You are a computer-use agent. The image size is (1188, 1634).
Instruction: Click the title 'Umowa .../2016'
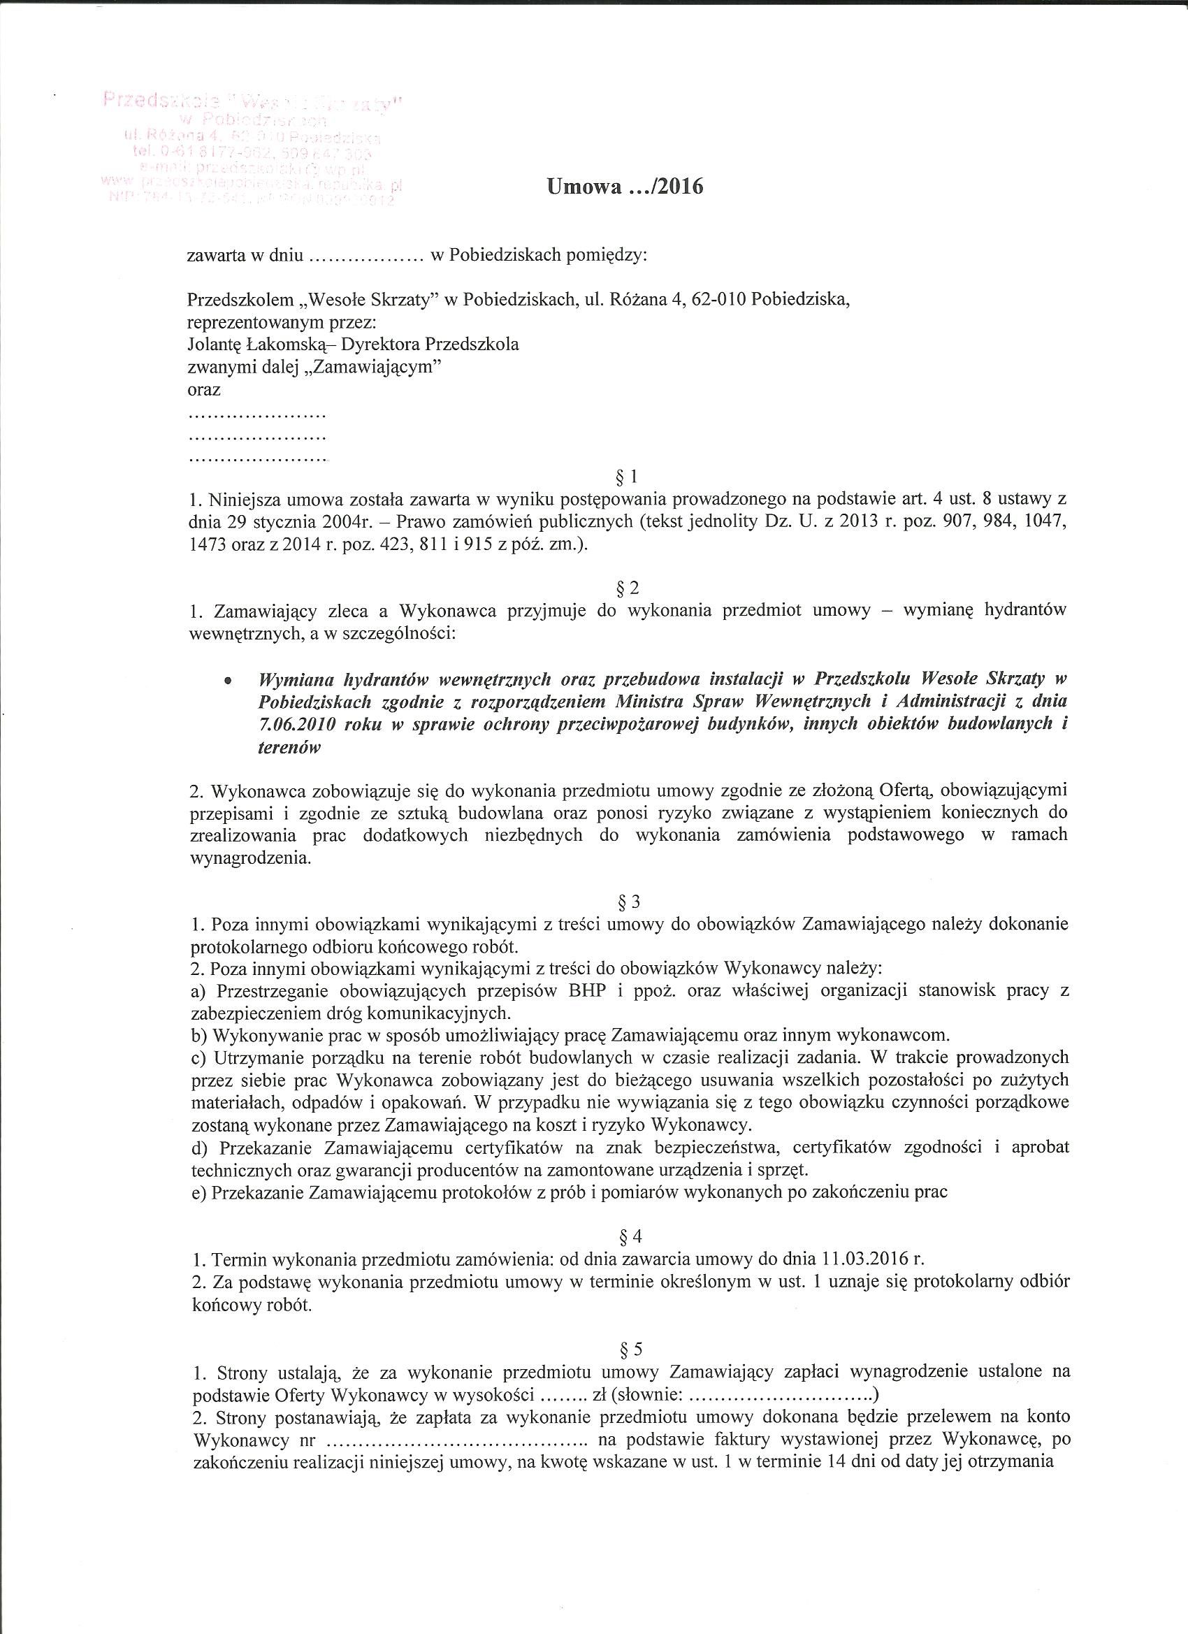pos(625,187)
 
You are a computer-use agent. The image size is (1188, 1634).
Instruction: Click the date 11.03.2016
pos(864,1259)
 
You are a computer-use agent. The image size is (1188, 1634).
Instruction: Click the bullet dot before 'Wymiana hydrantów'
pos(229,680)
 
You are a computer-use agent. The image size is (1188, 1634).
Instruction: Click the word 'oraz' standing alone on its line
pos(203,390)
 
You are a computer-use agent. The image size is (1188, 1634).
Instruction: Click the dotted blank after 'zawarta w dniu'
pos(364,256)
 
